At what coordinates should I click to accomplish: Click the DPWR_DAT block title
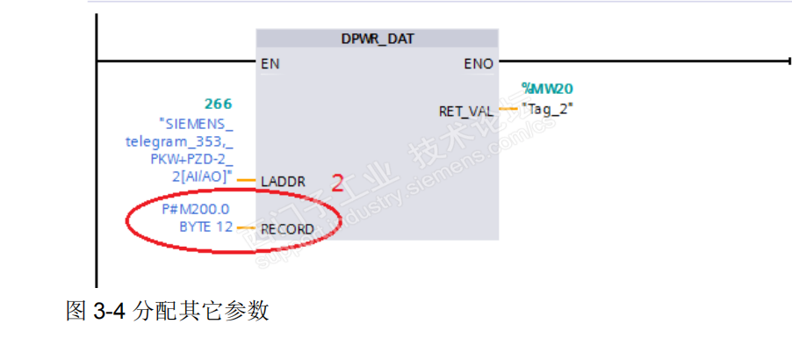click(377, 40)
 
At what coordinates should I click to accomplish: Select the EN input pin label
click(270, 63)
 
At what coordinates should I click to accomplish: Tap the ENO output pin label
click(479, 63)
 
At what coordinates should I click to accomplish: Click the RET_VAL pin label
click(465, 111)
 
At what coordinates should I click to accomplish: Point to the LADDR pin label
click(283, 182)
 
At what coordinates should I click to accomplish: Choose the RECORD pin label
click(287, 229)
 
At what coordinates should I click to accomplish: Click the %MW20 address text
click(546, 89)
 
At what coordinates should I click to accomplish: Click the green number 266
click(218, 104)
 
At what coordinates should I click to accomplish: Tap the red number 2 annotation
click(336, 183)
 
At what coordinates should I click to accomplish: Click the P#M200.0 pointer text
click(198, 210)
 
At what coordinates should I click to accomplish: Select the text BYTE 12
click(205, 227)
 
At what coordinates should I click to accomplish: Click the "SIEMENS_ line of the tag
click(196, 123)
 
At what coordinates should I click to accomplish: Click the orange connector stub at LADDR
click(247, 181)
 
